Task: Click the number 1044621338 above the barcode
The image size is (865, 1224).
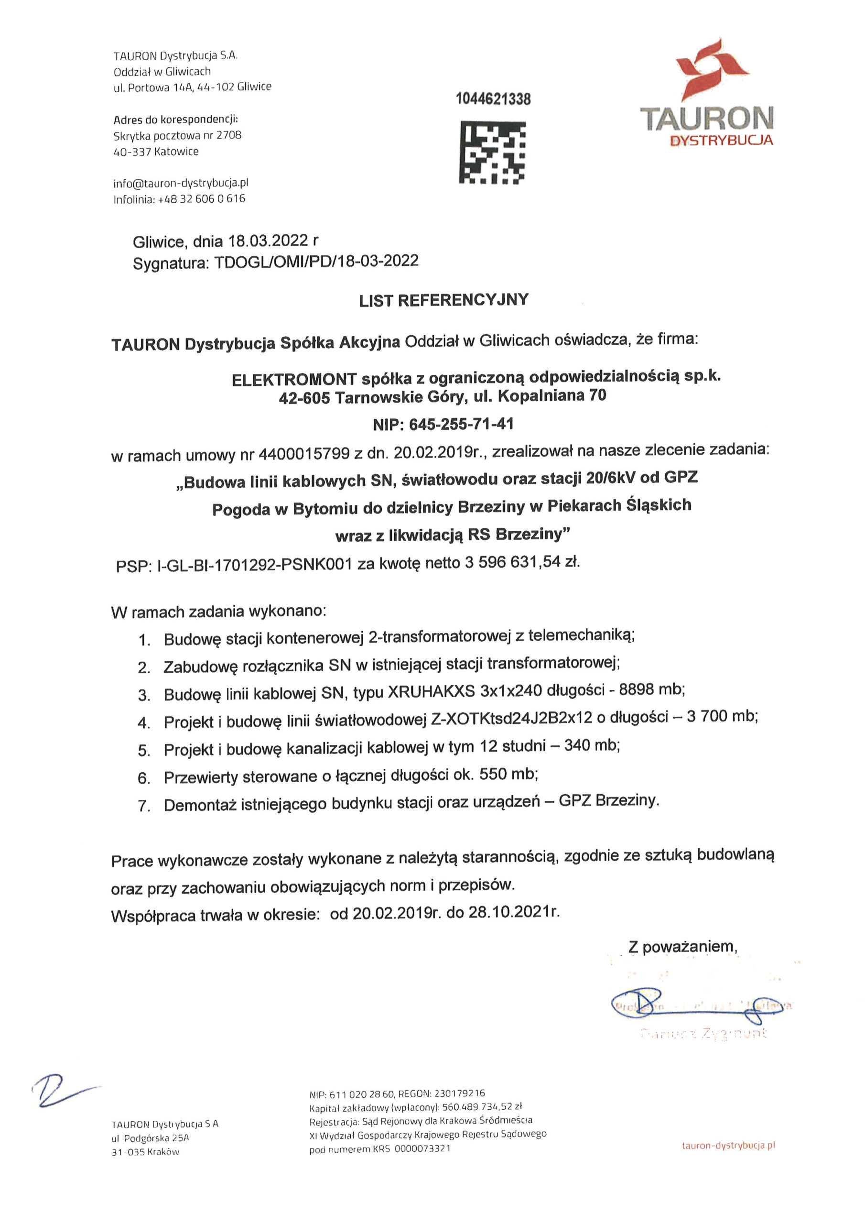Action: click(x=493, y=99)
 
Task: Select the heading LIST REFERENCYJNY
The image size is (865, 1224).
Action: click(x=443, y=301)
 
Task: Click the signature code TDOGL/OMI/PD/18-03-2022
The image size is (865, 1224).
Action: click(x=316, y=261)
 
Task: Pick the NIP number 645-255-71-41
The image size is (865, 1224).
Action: click(x=461, y=425)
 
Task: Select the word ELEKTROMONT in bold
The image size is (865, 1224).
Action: click(x=294, y=379)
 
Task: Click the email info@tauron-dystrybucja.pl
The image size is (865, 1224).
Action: click(x=181, y=183)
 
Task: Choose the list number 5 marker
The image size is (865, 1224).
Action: click(x=144, y=751)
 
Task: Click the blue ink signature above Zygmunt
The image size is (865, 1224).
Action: click(x=698, y=1006)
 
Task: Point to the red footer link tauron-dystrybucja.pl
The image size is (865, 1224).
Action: click(x=728, y=1145)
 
